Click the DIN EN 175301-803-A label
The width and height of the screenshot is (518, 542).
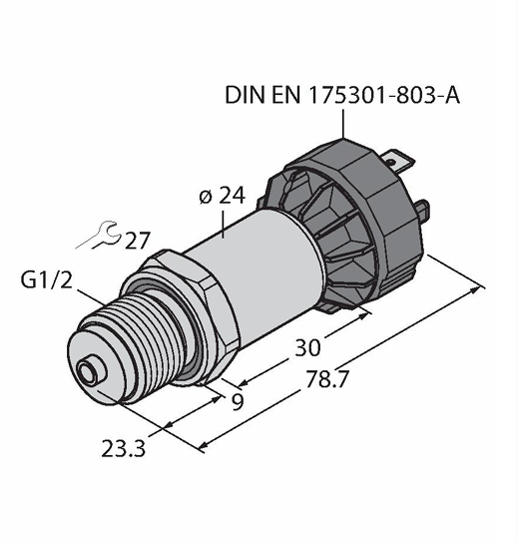coord(342,95)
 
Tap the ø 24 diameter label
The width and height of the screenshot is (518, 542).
coord(223,196)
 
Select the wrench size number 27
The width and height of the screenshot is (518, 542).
coord(137,241)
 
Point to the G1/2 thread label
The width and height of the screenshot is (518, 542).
coord(47,279)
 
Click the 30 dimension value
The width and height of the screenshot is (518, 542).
coord(307,347)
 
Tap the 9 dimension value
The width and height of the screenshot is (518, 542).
coord(238,401)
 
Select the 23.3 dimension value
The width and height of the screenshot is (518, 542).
coord(123,449)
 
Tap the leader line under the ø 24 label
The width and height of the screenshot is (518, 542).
coord(224,225)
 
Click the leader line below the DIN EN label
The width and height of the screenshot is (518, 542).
coord(343,124)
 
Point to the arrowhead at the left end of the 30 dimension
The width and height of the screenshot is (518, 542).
coord(244,382)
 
